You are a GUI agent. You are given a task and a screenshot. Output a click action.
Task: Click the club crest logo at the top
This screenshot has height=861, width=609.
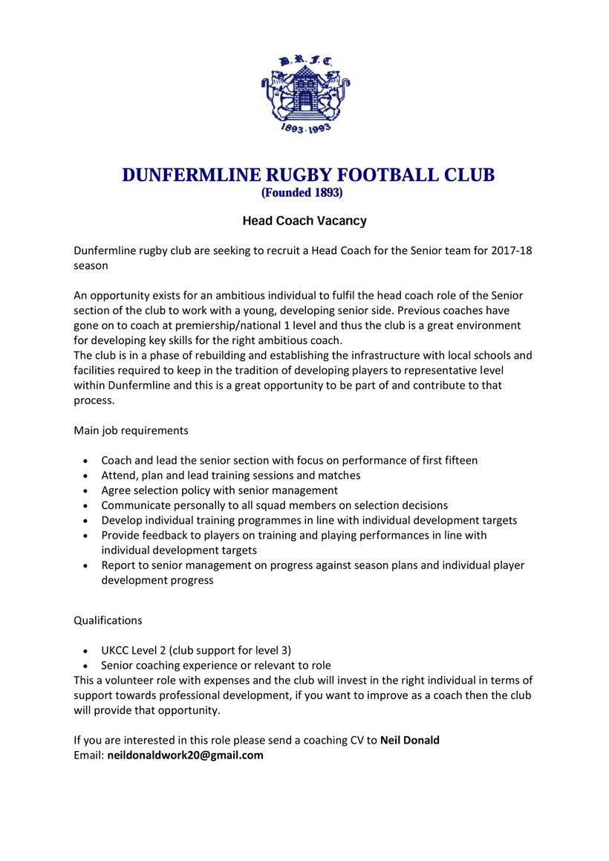tap(304, 89)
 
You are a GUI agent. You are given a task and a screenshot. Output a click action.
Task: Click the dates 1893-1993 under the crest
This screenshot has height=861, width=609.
tap(304, 129)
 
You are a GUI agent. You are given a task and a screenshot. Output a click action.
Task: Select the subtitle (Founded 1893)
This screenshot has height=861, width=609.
tap(302, 192)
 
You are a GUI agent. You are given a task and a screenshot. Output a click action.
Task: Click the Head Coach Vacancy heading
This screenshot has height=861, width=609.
tap(304, 221)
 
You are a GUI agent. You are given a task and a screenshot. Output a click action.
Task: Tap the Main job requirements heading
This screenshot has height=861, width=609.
tap(131, 430)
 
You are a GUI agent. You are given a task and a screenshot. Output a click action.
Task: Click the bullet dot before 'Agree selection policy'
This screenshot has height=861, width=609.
tap(88, 491)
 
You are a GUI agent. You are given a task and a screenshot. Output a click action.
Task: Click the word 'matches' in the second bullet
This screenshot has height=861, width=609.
tap(339, 475)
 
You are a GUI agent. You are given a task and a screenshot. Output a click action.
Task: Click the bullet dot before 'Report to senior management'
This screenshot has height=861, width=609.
tap(88, 566)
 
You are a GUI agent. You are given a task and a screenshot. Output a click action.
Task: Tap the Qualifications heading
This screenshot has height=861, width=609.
tap(108, 620)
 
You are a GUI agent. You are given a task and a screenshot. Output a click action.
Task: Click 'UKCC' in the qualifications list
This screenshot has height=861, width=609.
tap(116, 650)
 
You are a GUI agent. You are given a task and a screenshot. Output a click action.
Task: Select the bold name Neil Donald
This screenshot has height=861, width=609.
tap(410, 740)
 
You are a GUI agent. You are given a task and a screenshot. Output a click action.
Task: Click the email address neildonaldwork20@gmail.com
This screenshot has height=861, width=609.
tap(185, 756)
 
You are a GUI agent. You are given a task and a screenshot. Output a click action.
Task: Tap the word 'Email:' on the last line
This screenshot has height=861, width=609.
tap(88, 756)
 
